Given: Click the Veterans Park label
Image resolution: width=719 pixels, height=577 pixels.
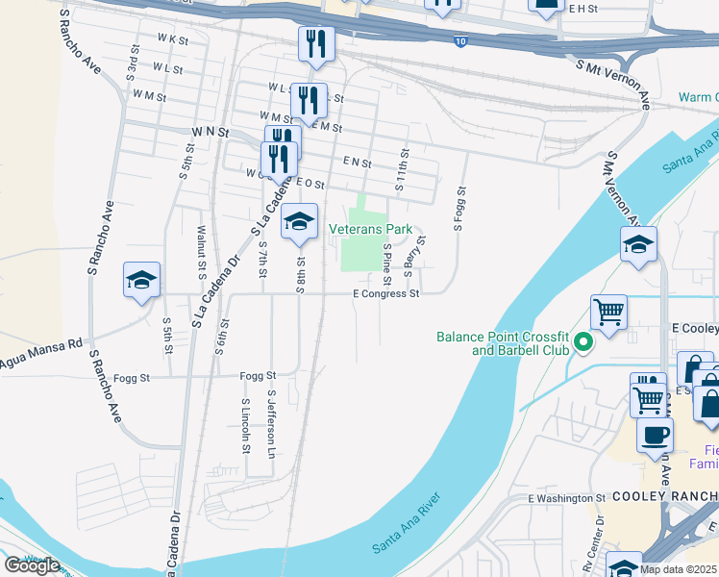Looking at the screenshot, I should (x=370, y=229).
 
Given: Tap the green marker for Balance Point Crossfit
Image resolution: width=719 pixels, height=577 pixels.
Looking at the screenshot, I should (x=582, y=340).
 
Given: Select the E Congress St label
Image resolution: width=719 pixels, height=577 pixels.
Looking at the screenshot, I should (x=386, y=293).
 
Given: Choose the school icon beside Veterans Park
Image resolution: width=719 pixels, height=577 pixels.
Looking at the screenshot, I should (x=299, y=222).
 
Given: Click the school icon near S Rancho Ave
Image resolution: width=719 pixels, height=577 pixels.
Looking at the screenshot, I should (x=141, y=281).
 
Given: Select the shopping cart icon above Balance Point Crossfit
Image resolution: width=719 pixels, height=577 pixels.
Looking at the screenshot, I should (x=607, y=312).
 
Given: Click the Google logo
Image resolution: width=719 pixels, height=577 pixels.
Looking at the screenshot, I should (x=32, y=564).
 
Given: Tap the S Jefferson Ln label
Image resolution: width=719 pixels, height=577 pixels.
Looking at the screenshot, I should (x=272, y=423).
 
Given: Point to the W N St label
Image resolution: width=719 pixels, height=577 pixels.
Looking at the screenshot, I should (x=210, y=131).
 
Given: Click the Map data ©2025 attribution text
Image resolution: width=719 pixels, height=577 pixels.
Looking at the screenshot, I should (x=679, y=569).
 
